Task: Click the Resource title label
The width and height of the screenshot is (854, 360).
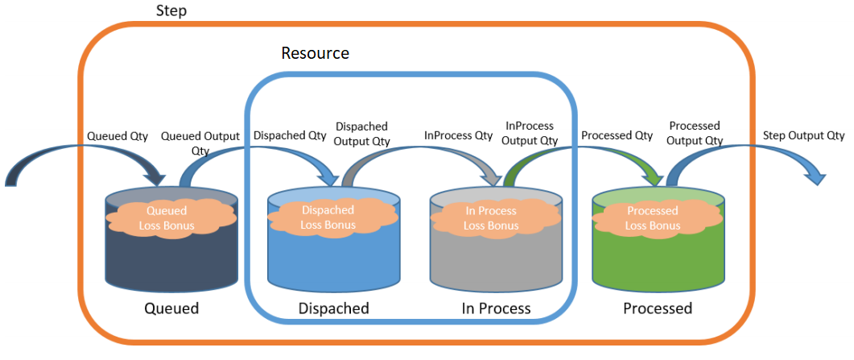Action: [x=315, y=54]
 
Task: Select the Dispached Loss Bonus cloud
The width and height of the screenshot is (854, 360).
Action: [x=328, y=217]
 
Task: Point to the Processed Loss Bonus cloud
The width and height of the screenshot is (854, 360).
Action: [x=652, y=218]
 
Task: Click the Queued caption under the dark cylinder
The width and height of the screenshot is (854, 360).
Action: [x=171, y=308]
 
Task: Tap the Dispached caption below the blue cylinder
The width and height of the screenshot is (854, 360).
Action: [x=333, y=308]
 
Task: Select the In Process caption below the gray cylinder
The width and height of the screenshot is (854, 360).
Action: [x=496, y=308]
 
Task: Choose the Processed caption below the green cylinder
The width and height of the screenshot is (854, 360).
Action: [x=658, y=308]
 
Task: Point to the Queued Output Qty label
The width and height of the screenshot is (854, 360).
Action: [x=200, y=143]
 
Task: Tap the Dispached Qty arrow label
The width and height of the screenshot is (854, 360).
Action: [x=290, y=136]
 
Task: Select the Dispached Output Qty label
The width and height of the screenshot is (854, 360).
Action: [x=361, y=134]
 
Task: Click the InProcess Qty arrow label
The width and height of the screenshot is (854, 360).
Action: [x=458, y=136]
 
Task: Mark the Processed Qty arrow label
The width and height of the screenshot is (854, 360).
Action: [x=617, y=136]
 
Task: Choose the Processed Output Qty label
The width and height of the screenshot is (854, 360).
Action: [x=694, y=134]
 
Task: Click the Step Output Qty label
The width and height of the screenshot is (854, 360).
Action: [x=803, y=136]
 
